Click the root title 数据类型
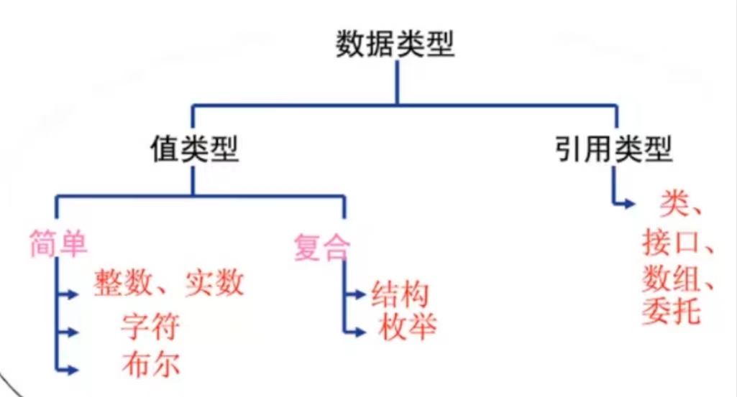[395, 45]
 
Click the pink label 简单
[59, 245]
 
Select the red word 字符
[150, 327]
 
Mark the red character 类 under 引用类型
[672, 206]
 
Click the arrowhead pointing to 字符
[72, 332]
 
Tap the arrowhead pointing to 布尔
[72, 370]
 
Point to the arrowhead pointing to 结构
[360, 295]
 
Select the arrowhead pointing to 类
[630, 204]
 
